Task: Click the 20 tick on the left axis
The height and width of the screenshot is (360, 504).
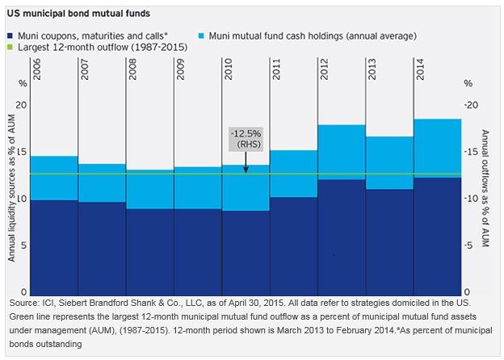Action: [22, 105]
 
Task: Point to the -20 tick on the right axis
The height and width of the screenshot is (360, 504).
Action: [474, 105]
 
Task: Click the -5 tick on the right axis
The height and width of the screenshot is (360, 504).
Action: [472, 245]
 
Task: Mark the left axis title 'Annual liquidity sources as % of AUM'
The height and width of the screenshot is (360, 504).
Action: [12, 194]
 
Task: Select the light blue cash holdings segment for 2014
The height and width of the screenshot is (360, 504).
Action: [437, 148]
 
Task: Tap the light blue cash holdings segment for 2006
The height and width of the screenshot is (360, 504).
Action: [54, 178]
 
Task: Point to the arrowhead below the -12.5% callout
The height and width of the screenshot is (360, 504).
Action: [246, 170]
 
